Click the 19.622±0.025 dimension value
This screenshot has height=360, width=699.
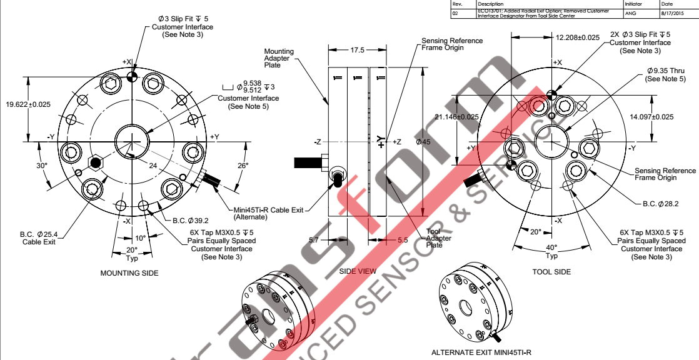pos(28,104)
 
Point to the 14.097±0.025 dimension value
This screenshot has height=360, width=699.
pos(651,117)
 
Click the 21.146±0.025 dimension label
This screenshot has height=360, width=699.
pos(456,117)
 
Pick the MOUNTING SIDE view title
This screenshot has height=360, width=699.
pos(129,273)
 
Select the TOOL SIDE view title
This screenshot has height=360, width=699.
pos(551,272)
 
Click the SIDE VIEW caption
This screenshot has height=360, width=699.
pos(358,272)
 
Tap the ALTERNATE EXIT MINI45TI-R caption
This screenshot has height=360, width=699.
pos(481,352)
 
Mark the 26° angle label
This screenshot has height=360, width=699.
pos(243,166)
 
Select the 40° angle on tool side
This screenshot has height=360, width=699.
pos(551,247)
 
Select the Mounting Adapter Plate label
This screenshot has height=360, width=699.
pos(279,57)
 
